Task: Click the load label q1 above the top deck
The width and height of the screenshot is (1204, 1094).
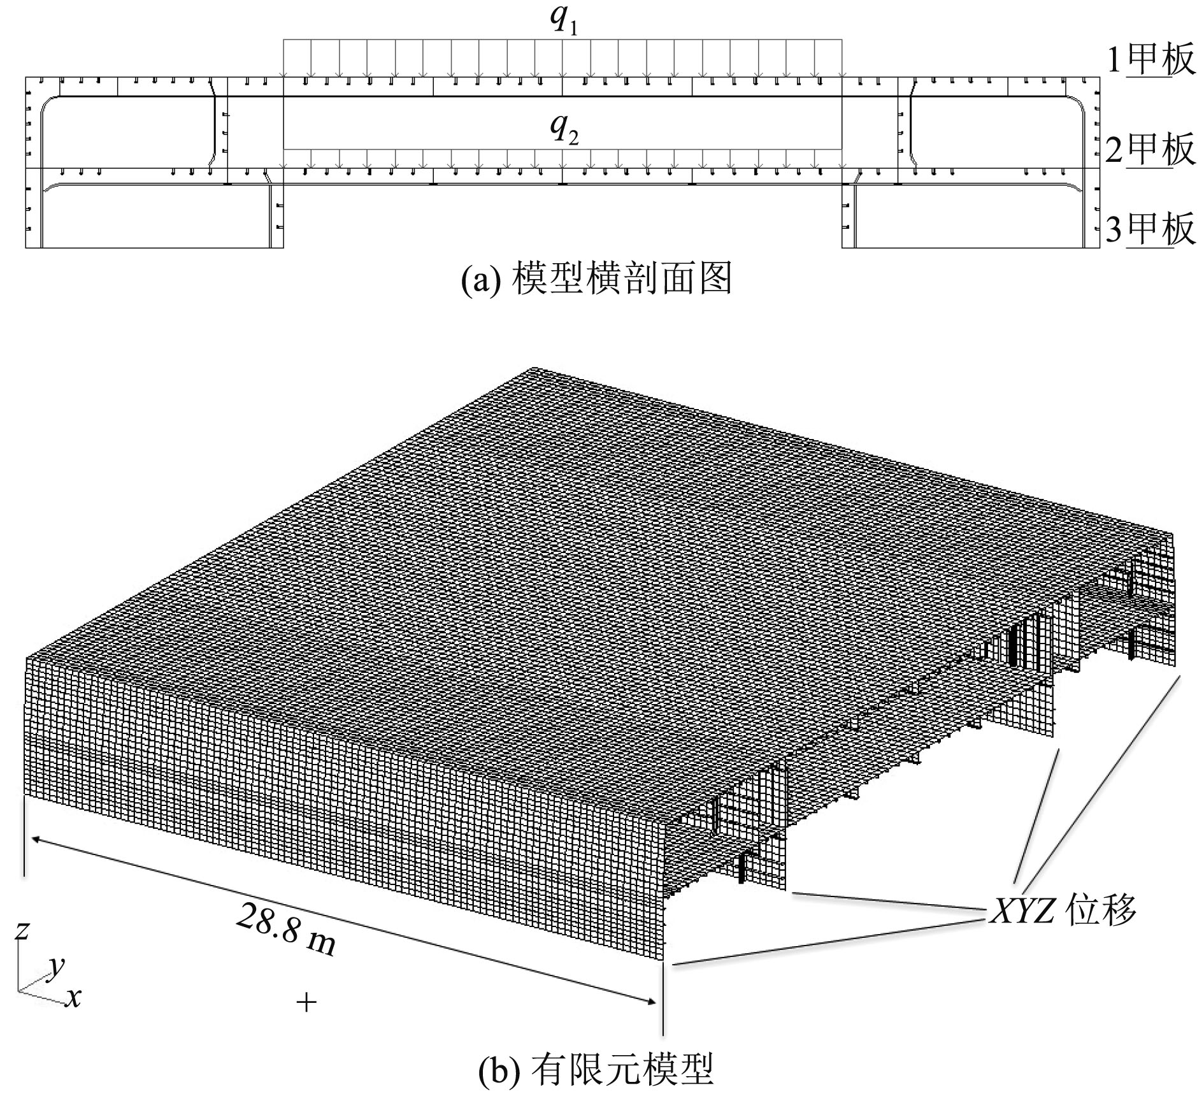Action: point(563,21)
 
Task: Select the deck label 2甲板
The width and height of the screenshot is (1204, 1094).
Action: point(1150,150)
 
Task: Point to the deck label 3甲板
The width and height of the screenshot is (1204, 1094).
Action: point(1150,229)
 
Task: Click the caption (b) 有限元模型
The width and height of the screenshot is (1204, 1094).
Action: point(596,1069)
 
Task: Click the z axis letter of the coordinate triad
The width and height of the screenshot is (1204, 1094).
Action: point(22,931)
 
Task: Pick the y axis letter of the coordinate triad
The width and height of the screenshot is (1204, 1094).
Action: point(57,968)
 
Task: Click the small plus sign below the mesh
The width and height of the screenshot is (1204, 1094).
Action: point(306,1004)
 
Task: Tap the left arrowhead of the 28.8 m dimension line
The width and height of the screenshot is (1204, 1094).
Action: point(34,840)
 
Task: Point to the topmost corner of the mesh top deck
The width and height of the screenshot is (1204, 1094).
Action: point(534,368)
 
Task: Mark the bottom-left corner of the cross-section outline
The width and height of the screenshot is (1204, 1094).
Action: point(26,247)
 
